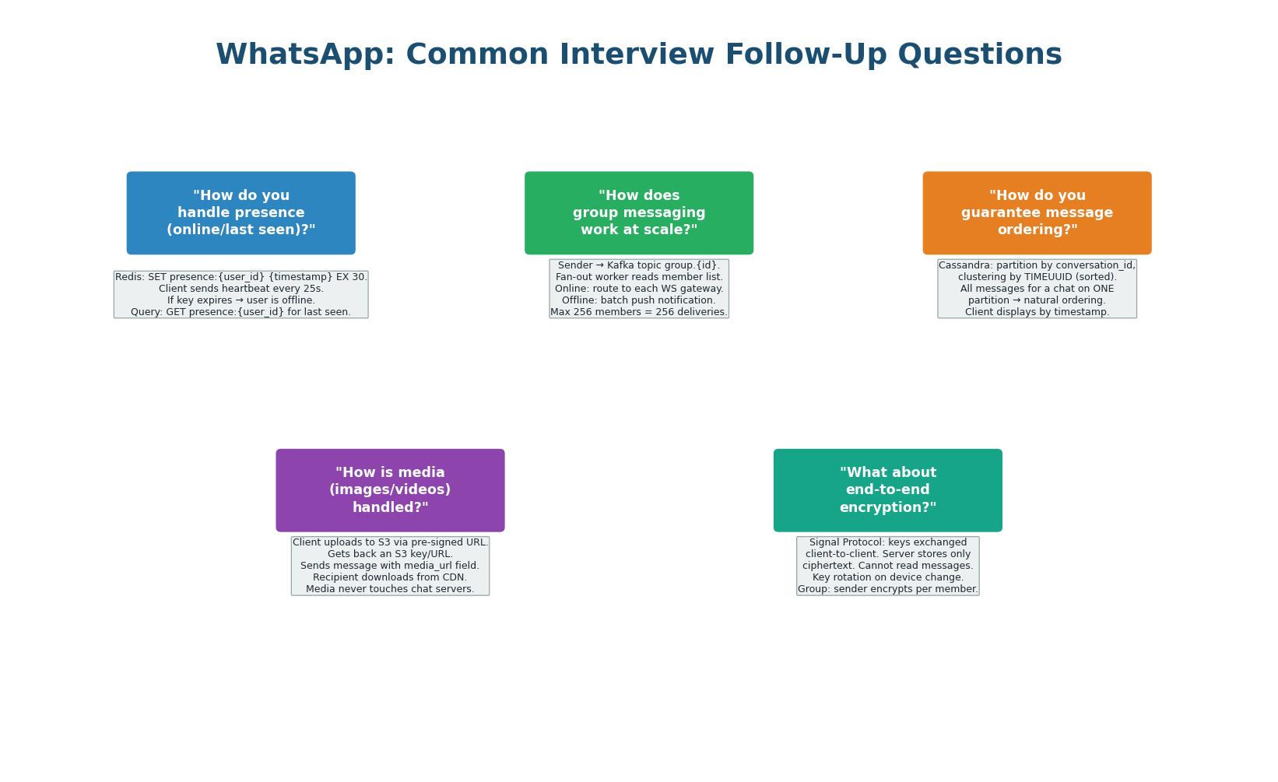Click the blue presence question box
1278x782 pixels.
tap(241, 213)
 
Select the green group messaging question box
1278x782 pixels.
tap(639, 213)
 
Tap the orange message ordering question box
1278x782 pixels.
tap(1037, 213)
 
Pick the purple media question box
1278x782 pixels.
tap(390, 490)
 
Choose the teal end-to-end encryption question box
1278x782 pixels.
tap(887, 490)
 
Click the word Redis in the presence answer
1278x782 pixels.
tap(129, 277)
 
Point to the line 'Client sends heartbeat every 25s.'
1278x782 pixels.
tap(241, 289)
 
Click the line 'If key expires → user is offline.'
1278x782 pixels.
tap(241, 300)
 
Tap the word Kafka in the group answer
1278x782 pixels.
tap(622, 265)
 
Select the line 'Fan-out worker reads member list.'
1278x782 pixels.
tap(639, 277)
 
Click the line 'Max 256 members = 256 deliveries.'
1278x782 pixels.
tap(639, 312)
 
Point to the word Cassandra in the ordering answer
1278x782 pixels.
tap(964, 265)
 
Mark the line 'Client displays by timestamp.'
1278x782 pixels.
tap(1037, 312)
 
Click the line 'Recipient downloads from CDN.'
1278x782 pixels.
tap(390, 577)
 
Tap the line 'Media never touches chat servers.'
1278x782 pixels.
tap(390, 589)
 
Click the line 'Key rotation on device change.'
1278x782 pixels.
tap(887, 577)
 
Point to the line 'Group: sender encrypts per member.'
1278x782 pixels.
tap(887, 589)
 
